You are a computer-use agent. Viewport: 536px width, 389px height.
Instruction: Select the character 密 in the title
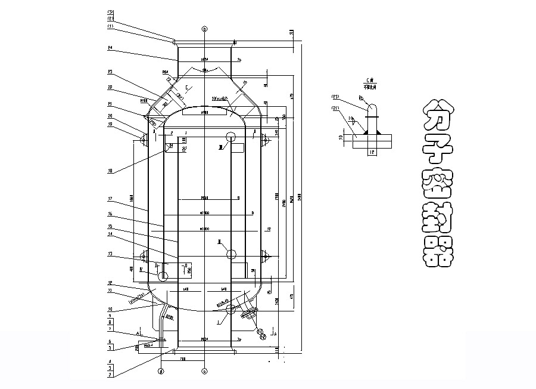click(x=438, y=181)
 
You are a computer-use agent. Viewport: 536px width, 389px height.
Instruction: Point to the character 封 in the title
click(x=438, y=217)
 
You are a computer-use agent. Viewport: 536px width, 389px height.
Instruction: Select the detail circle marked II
click(x=231, y=254)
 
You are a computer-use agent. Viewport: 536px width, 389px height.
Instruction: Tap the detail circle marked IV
click(x=163, y=276)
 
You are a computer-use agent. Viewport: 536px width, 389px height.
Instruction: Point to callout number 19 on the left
click(x=111, y=124)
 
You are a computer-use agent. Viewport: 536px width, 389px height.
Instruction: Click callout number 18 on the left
click(x=111, y=171)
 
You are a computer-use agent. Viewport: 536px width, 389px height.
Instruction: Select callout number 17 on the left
click(x=111, y=198)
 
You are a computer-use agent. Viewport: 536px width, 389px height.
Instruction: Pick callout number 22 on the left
click(x=111, y=87)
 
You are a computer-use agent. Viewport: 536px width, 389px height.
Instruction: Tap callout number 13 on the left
click(x=111, y=253)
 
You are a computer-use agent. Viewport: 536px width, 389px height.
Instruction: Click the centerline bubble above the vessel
click(x=204, y=29)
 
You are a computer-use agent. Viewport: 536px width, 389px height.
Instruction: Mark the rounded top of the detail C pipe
click(x=372, y=108)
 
